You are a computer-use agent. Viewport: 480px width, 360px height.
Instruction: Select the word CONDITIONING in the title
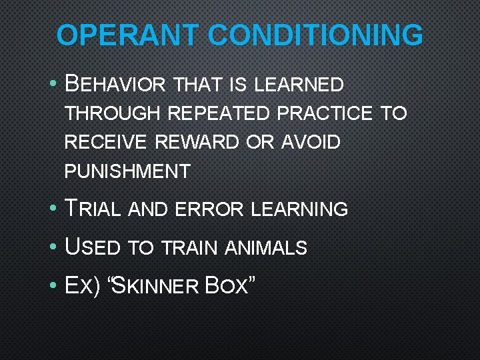(315, 35)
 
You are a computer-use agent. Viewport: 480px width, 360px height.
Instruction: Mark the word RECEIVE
(107, 143)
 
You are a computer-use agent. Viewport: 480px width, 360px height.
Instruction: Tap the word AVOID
(311, 143)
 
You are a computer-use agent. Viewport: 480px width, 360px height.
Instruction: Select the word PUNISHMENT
(127, 172)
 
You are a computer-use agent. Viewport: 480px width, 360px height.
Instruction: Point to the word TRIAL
(93, 209)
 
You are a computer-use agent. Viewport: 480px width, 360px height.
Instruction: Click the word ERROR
(211, 209)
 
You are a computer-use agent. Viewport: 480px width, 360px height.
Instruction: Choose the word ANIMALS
(266, 248)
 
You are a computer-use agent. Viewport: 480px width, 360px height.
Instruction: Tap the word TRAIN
(189, 248)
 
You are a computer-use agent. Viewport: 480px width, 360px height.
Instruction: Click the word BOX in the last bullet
(229, 287)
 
